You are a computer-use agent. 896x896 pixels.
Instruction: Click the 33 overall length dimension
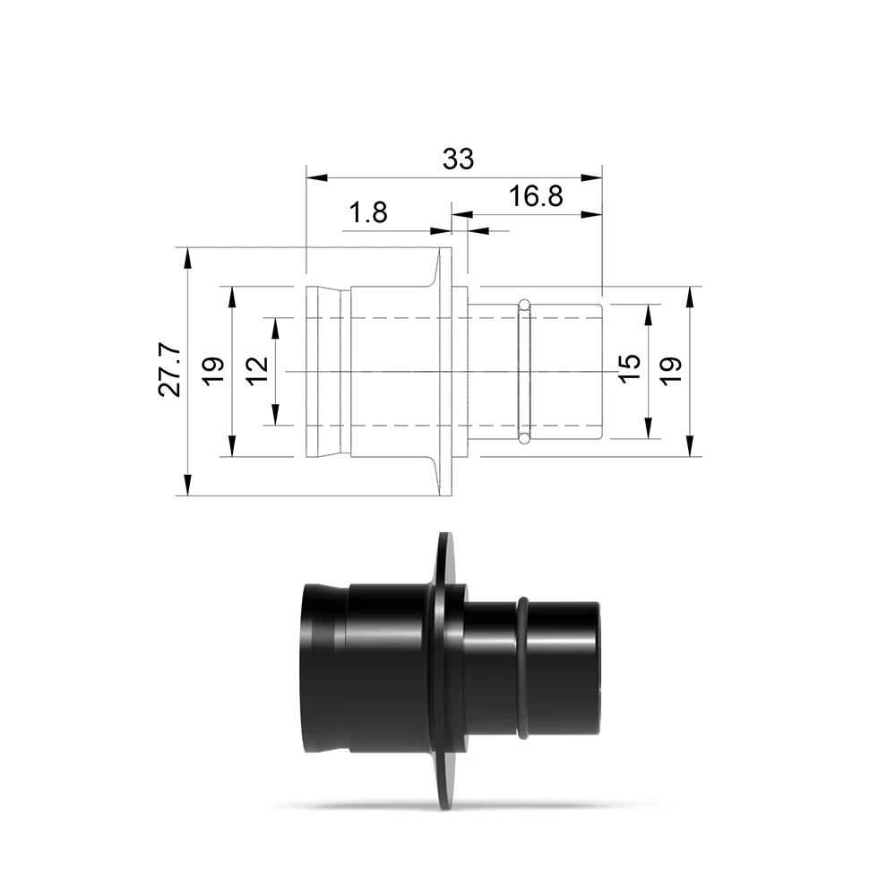458,159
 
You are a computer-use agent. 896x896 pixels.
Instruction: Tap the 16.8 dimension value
536,196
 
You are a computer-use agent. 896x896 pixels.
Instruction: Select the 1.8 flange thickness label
368,212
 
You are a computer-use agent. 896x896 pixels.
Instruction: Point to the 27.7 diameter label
169,372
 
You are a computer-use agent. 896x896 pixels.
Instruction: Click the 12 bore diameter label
258,372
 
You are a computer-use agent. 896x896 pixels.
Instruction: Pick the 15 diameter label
630,368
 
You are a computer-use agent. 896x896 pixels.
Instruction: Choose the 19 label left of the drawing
214,372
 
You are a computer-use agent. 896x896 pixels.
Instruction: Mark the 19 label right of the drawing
672,372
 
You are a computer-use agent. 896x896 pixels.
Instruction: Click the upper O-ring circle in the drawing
524,305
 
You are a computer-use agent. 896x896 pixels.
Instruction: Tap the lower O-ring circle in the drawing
524,438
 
